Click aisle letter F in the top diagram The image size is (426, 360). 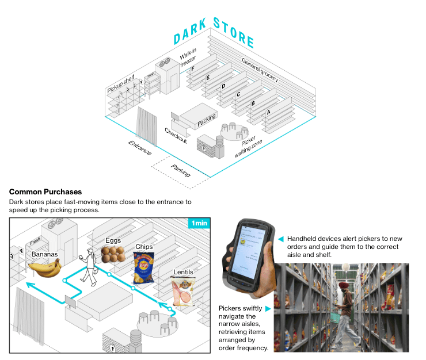click(193, 70)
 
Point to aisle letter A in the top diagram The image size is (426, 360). click(268, 113)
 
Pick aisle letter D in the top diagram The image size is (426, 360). click(223, 86)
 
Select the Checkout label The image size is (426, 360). click(176, 136)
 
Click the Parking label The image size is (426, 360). click(181, 170)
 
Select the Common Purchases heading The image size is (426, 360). click(45, 192)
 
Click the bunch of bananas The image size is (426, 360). click(45, 267)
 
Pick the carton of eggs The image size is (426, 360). click(113, 254)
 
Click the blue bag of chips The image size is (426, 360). click(143, 269)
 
